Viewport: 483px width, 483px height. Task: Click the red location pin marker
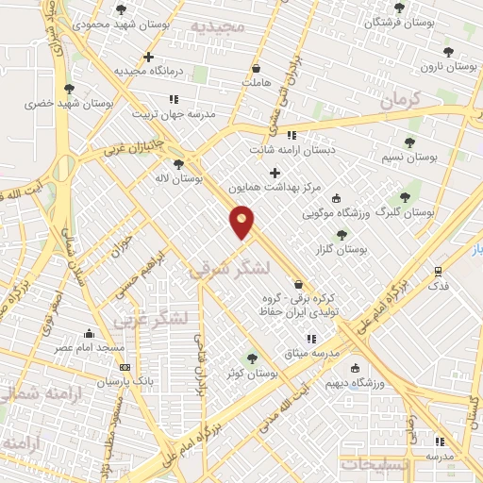coord(242,223)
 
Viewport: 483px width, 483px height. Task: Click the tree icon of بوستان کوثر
coord(252,358)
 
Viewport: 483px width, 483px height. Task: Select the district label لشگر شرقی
coord(230,269)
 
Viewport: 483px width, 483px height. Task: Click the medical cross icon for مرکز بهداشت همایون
coord(275,173)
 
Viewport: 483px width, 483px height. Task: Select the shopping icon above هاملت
coord(257,68)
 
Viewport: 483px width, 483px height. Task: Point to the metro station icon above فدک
coord(437,270)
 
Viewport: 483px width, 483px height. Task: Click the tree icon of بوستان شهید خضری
coord(69,89)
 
